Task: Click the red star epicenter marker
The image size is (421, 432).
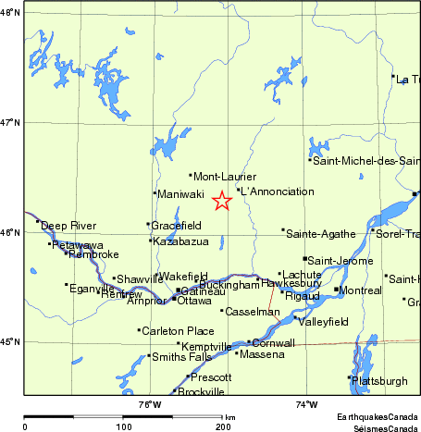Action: [222, 201]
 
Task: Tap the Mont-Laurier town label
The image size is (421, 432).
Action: [225, 176]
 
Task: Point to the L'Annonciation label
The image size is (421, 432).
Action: [278, 191]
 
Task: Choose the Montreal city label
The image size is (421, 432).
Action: [361, 291]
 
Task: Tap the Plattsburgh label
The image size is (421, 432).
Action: [380, 380]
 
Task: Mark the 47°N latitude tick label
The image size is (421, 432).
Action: [10, 122]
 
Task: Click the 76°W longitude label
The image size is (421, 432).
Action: [150, 404]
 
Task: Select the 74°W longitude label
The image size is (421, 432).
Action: [306, 404]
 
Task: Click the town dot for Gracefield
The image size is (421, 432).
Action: [148, 224]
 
